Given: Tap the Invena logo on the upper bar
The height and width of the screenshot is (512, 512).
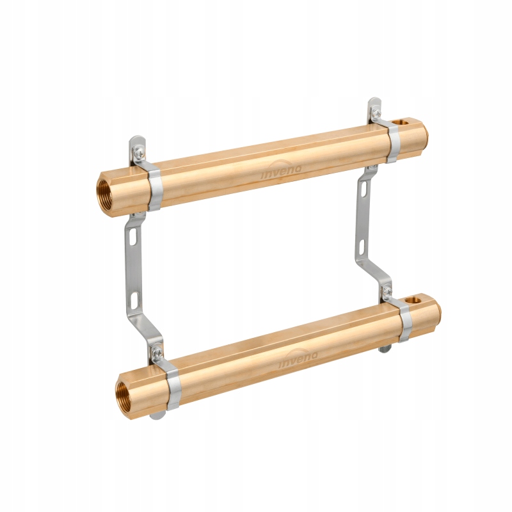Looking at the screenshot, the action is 282,172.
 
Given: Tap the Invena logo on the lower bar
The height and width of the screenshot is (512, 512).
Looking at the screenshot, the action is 298,360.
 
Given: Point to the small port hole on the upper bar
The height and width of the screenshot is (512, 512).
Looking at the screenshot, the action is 401,122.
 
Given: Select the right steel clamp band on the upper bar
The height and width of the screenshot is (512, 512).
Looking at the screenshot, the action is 394,143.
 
